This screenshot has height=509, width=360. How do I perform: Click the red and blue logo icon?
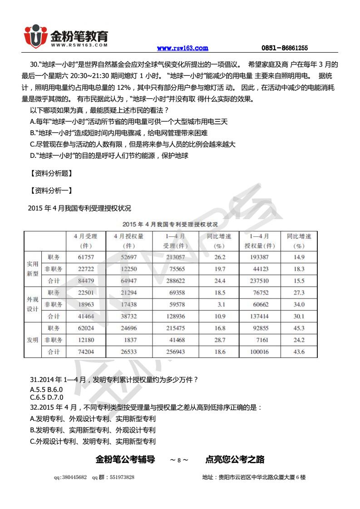pyautogui.click(x=35, y=37)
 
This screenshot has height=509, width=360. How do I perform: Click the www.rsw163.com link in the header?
pyautogui.click(x=182, y=48)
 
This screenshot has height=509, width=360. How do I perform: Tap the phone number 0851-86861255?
pyautogui.click(x=285, y=48)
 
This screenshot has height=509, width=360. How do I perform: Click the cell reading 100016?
pyautogui.click(x=260, y=352)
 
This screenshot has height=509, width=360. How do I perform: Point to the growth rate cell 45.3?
pyautogui.click(x=299, y=328)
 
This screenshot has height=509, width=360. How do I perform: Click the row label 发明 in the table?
pyautogui.click(x=32, y=340)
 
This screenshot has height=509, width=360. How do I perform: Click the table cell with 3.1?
pyautogui.click(x=220, y=304)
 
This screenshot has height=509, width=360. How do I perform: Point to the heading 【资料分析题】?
pyautogui.click(x=51, y=173)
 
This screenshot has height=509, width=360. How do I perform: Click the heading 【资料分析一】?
pyautogui.click(x=51, y=191)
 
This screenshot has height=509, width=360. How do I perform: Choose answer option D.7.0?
pyautogui.click(x=55, y=397)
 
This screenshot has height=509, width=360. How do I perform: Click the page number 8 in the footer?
pyautogui.click(x=179, y=460)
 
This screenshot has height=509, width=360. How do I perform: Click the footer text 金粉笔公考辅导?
pyautogui.click(x=125, y=460)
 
